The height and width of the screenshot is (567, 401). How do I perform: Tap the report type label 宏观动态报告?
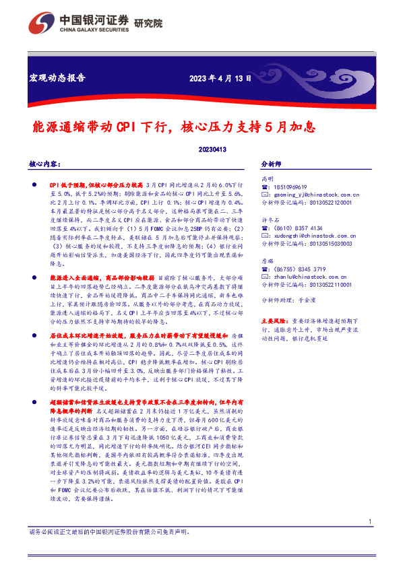[x=57, y=77]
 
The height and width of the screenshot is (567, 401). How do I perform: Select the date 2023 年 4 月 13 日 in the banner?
[x=220, y=77]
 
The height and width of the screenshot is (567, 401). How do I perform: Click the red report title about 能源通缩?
[x=175, y=127]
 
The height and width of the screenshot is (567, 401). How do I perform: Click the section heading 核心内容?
[x=45, y=164]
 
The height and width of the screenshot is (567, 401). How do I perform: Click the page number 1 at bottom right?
[x=371, y=541]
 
